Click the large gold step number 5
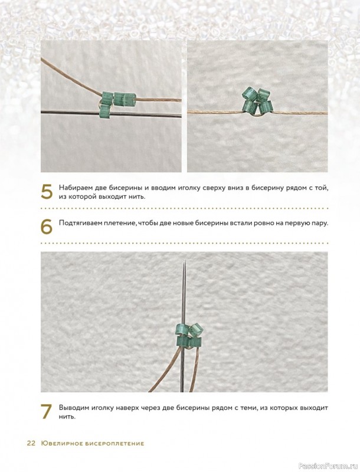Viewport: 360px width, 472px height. pyautogui.click(x=47, y=191)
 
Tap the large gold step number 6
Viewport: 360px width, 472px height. pyautogui.click(x=47, y=227)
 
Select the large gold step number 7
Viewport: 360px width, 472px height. pyautogui.click(x=47, y=411)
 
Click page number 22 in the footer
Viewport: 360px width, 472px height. pyautogui.click(x=31, y=444)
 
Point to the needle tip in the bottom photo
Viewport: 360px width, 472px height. pyautogui.click(x=184, y=261)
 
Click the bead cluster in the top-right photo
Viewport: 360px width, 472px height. pyautogui.click(x=257, y=101)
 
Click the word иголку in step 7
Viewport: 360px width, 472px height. pyautogui.click(x=100, y=408)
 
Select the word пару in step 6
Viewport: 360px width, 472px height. pyautogui.click(x=320, y=224)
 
